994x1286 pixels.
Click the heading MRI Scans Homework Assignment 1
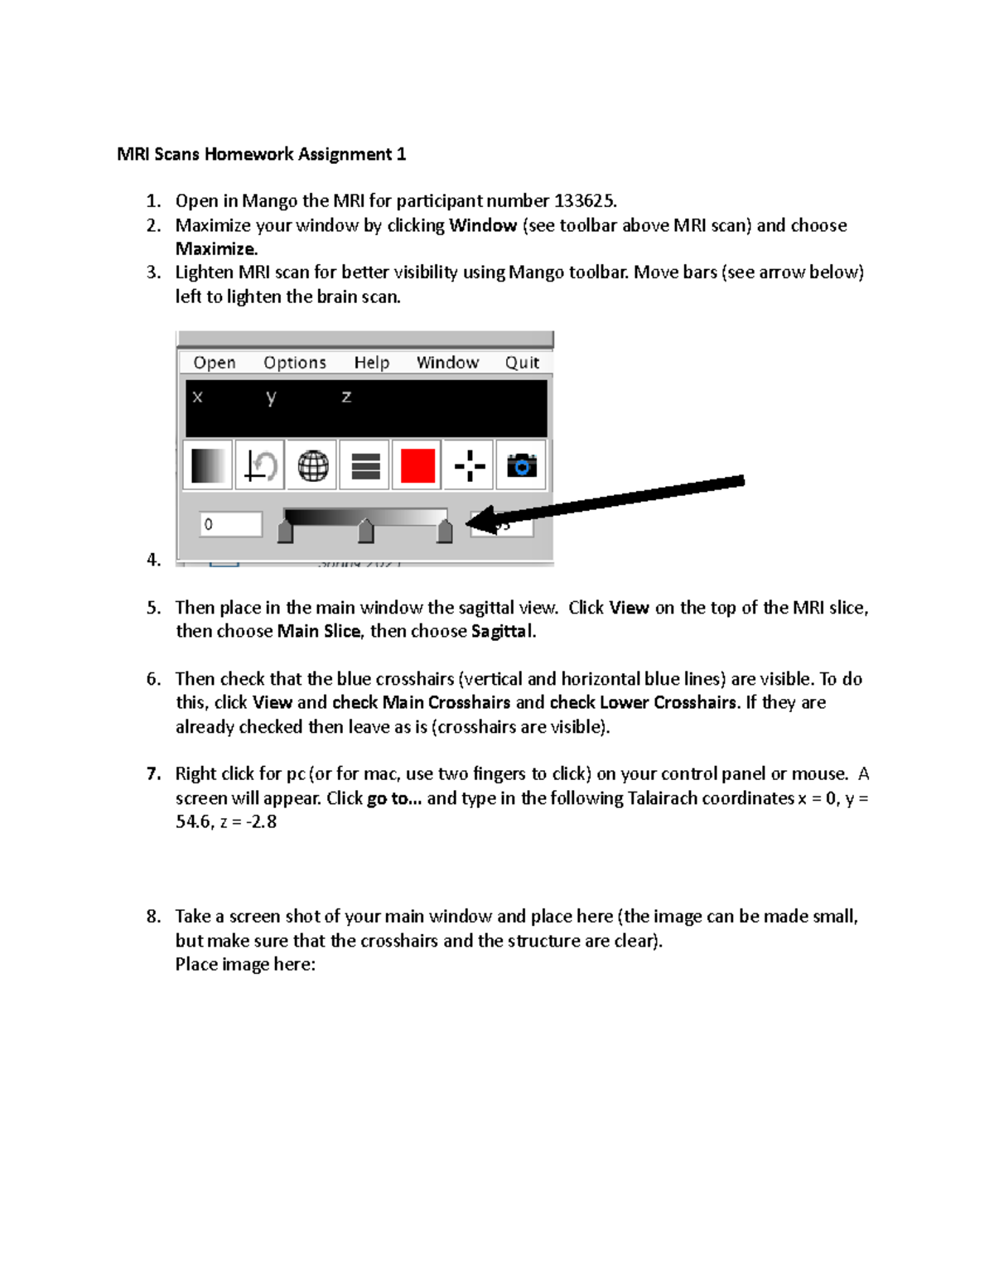click(261, 154)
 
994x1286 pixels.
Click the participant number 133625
click(584, 201)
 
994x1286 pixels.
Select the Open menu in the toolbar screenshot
click(215, 363)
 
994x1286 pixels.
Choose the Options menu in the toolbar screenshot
click(295, 363)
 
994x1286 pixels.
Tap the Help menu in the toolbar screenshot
click(372, 363)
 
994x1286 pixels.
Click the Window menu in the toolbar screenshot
click(447, 363)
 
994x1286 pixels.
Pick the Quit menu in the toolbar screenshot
click(522, 363)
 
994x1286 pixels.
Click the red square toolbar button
click(417, 465)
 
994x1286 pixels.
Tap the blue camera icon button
click(521, 465)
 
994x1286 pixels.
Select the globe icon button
click(312, 465)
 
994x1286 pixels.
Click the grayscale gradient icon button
click(208, 465)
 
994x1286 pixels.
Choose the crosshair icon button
click(470, 465)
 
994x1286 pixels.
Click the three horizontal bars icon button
click(365, 465)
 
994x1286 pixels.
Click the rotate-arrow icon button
click(260, 465)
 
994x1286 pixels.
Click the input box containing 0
click(230, 524)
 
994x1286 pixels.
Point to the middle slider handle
click(365, 531)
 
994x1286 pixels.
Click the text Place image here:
click(245, 965)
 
